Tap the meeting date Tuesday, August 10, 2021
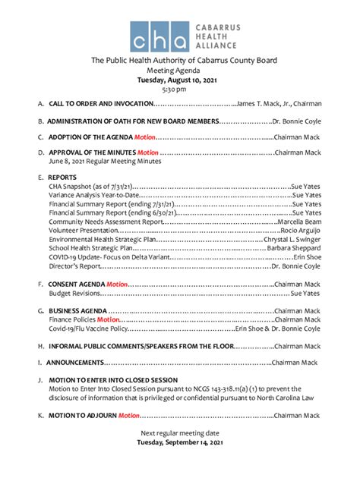[x=179, y=80]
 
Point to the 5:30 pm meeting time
[x=179, y=90]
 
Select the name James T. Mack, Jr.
[x=268, y=103]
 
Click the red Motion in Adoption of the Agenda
[x=144, y=137]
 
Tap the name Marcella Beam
[x=299, y=222]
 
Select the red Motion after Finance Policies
[x=107, y=320]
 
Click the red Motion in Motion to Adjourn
[x=128, y=416]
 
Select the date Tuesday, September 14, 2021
[x=179, y=442]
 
